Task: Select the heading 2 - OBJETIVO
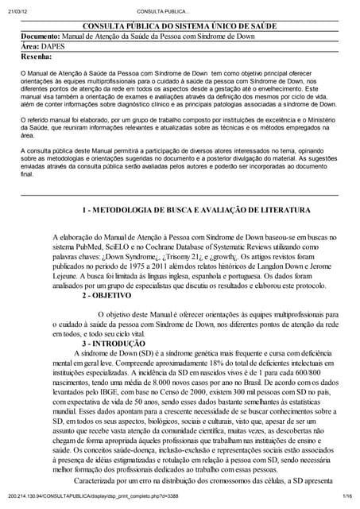[x=108, y=293]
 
